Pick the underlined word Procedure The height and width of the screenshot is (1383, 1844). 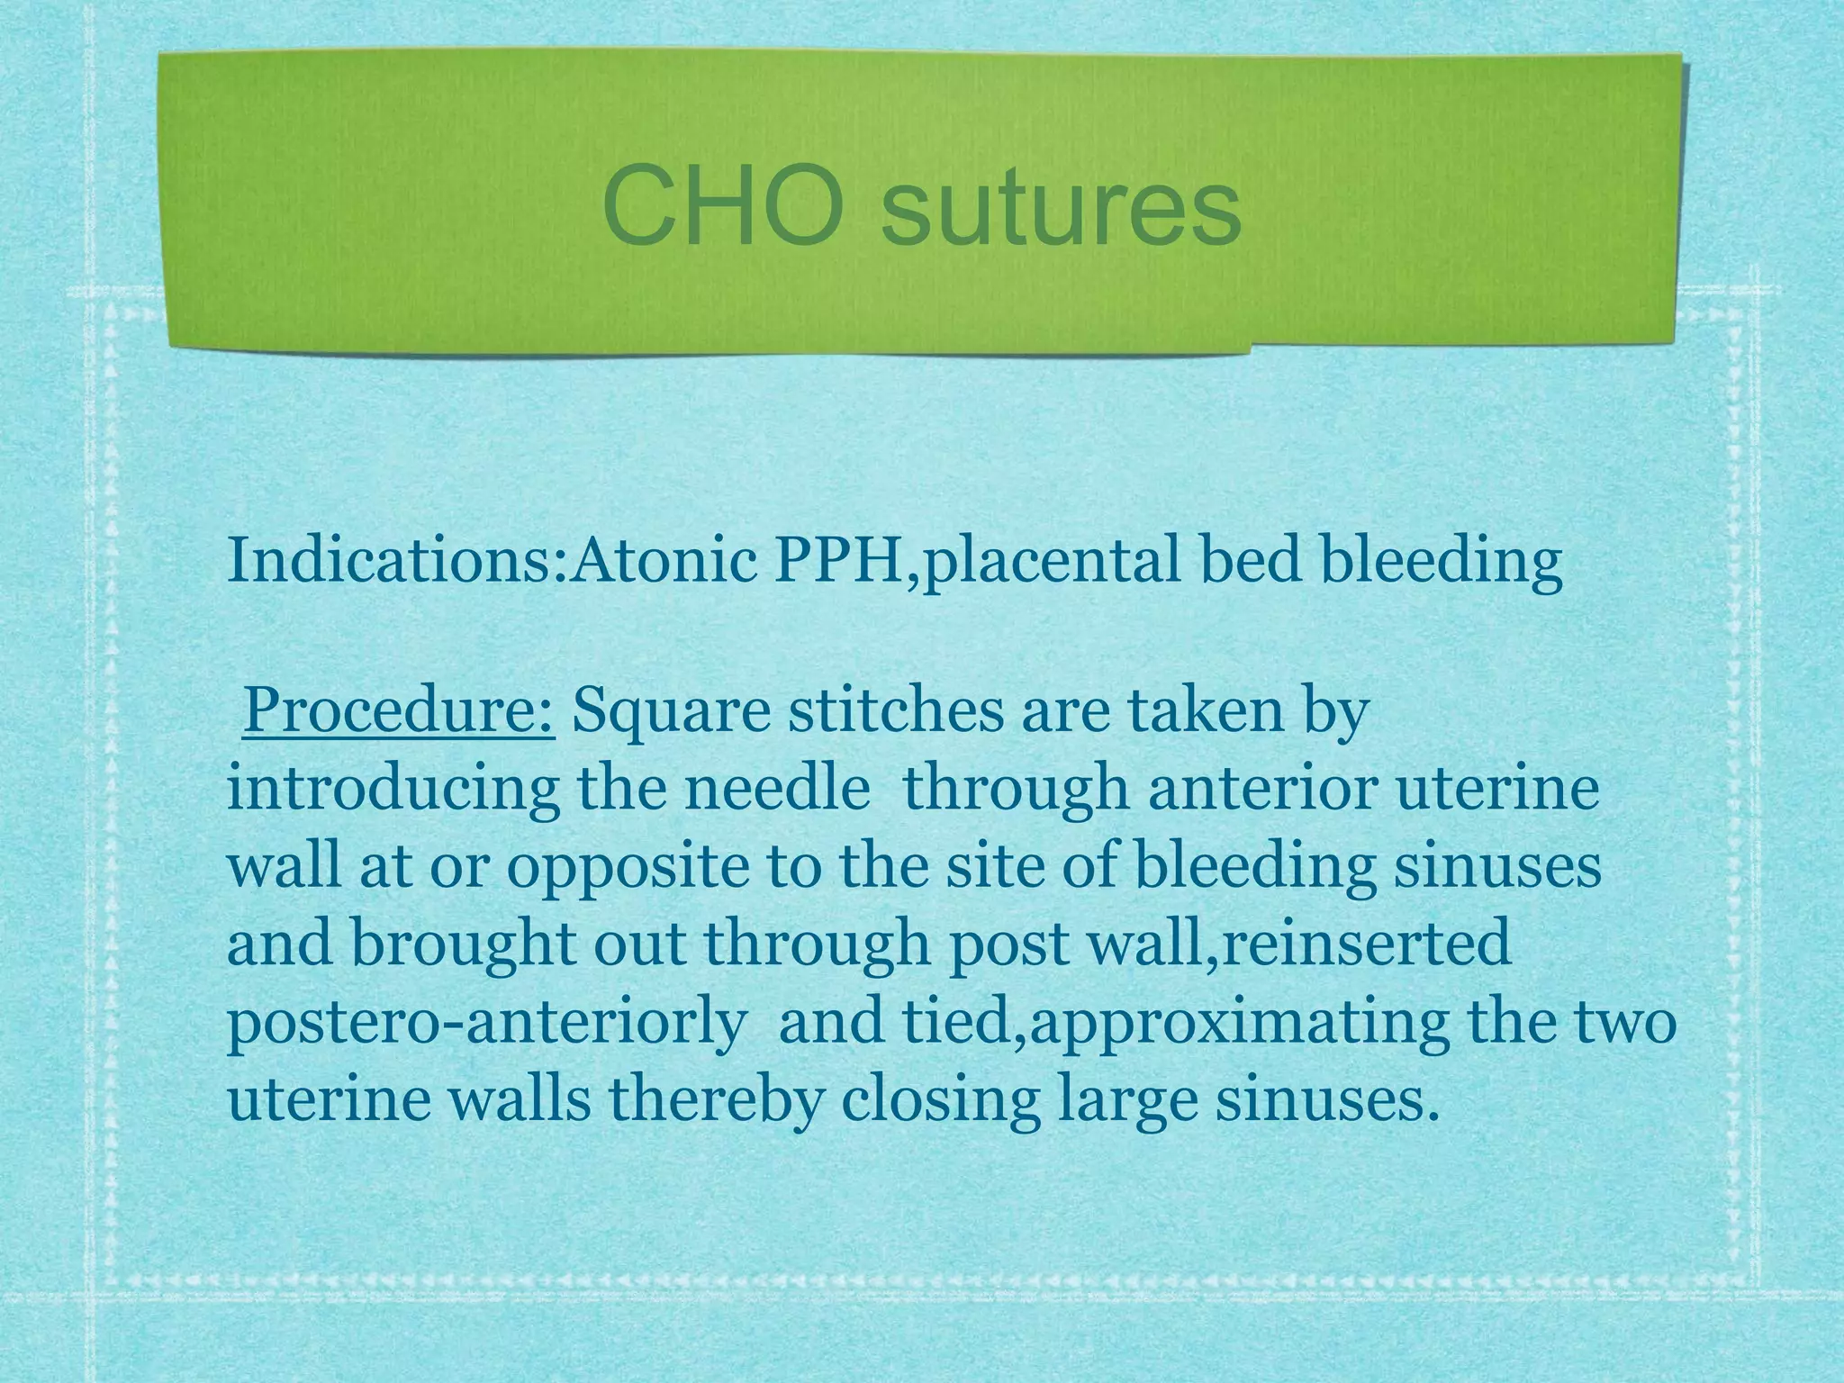pos(398,712)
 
